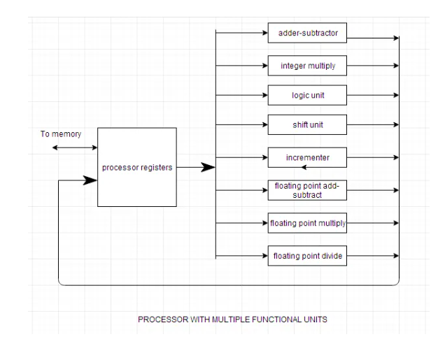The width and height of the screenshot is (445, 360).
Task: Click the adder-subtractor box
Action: pos(307,32)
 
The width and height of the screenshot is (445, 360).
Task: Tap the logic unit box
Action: pos(307,95)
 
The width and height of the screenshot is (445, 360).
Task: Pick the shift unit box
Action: pos(307,126)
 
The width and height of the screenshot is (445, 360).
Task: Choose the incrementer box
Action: pos(307,159)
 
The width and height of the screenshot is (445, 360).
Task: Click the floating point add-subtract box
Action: pos(307,191)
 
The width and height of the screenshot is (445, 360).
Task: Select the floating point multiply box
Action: pos(307,224)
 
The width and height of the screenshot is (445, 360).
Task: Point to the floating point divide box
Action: pos(307,257)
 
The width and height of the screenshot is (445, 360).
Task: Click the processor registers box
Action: pos(136,167)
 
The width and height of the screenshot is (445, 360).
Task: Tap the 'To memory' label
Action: pos(60,133)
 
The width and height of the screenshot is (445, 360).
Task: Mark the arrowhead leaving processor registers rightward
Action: pos(207,167)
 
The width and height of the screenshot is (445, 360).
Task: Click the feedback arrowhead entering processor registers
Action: pos(90,180)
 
